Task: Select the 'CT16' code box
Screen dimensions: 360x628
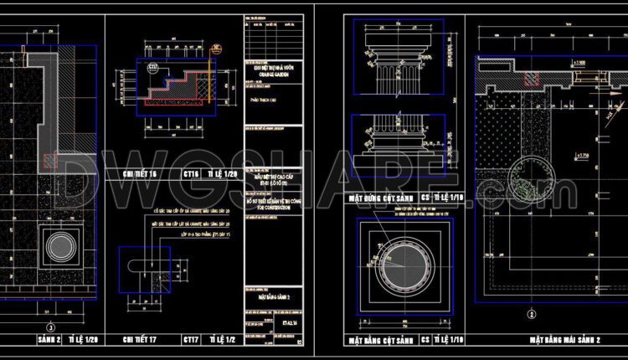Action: [190, 174]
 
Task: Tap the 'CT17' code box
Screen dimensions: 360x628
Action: [190, 340]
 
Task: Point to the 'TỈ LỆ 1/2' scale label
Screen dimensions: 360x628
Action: [222, 340]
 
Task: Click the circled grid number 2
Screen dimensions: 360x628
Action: [531, 315]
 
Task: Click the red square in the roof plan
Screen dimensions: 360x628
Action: [531, 80]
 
